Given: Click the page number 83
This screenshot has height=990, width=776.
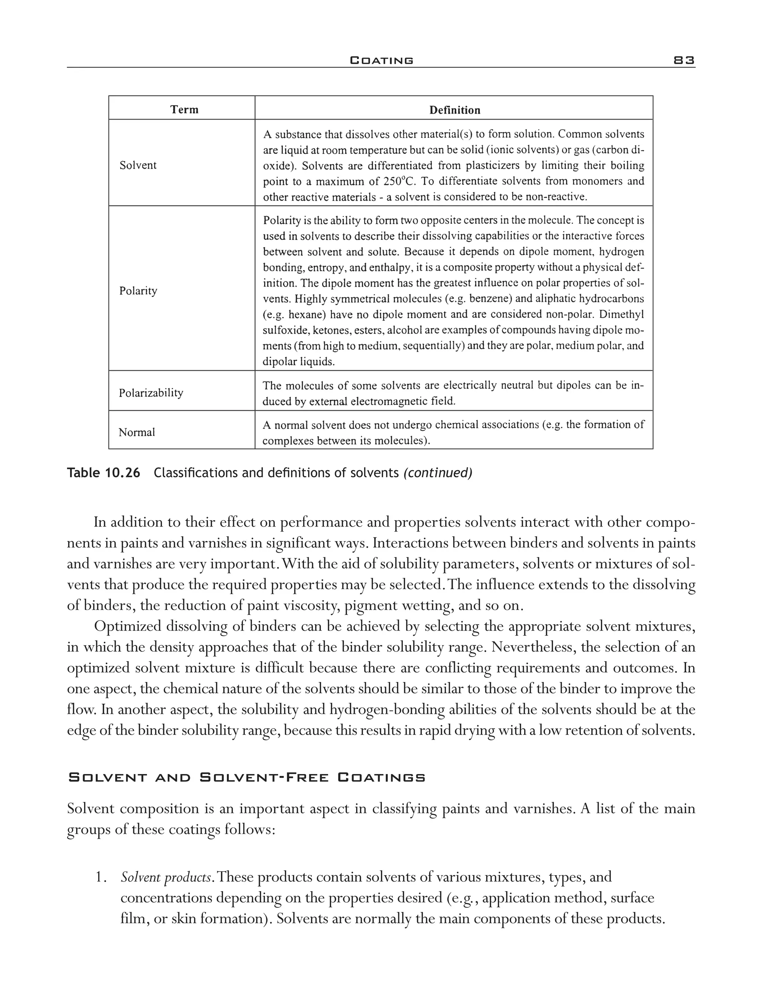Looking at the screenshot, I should click(x=684, y=60).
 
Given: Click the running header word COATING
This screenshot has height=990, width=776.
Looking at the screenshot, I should click(x=382, y=60).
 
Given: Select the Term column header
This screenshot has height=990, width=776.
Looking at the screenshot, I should click(x=184, y=109).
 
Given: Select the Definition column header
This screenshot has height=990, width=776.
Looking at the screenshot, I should click(x=454, y=110).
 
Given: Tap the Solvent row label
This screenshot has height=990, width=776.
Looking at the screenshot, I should click(x=138, y=165).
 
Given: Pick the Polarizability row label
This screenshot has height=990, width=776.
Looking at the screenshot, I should click(x=151, y=393).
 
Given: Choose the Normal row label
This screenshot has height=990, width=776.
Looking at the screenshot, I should click(x=137, y=432).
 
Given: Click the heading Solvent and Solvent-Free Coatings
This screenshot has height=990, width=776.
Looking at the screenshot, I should click(x=247, y=777).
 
